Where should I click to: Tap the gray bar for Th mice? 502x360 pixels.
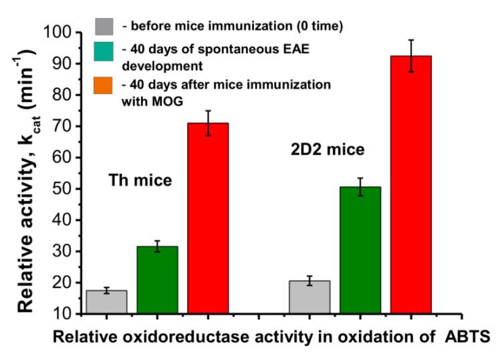point(106,301)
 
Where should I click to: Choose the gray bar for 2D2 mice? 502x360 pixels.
point(309,297)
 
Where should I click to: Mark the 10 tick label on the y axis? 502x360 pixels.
point(63,314)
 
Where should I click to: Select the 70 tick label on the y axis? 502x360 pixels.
point(63,126)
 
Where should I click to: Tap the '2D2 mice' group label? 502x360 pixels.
point(332,150)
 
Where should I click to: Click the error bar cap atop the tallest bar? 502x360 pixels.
point(411,40)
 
